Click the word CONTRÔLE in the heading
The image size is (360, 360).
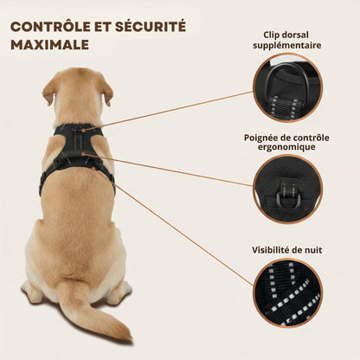pos(50,27)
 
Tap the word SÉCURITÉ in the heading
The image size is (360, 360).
pos(151,26)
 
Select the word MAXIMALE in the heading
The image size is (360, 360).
pos(49,45)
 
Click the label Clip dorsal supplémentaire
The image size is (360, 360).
pos(287,40)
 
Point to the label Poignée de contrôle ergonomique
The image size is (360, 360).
pos(286,142)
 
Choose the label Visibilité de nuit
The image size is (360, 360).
pos(286,250)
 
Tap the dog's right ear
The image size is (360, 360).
pos(106,90)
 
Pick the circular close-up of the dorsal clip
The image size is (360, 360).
pos(287,87)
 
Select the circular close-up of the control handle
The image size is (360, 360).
pos(287,190)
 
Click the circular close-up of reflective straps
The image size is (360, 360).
pos(287,293)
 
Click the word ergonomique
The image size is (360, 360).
pos(286,147)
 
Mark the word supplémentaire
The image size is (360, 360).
pos(287,46)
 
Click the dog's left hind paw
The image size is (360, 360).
pos(32,290)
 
